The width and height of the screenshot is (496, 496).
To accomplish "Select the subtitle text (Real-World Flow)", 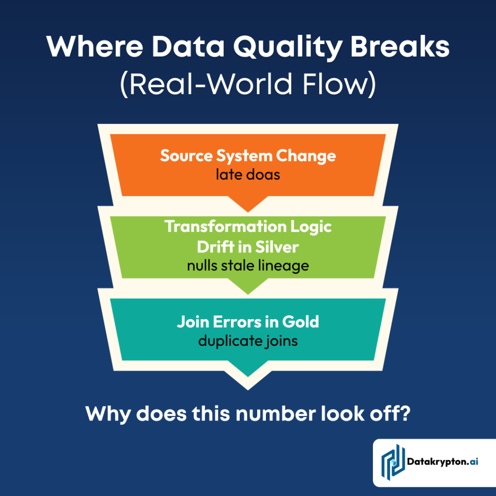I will pyautogui.click(x=248, y=85).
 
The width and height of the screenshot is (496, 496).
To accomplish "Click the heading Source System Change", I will pyautogui.click(x=248, y=156).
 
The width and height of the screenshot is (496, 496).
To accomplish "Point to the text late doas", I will pyautogui.click(x=248, y=174).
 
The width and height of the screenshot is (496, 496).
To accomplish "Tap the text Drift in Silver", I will pyautogui.click(x=248, y=247).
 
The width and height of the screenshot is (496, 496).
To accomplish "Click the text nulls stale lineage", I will pyautogui.click(x=248, y=265).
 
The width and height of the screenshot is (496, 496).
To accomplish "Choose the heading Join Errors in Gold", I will pyautogui.click(x=248, y=322).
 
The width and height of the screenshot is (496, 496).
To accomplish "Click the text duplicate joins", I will pyautogui.click(x=248, y=341).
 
